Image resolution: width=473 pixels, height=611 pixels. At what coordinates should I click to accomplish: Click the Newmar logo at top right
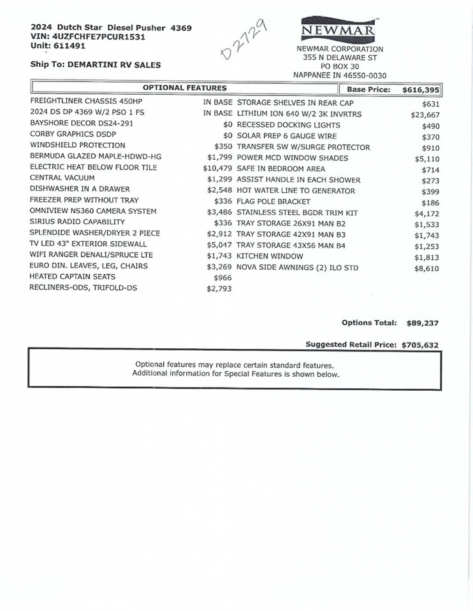(x=339, y=29)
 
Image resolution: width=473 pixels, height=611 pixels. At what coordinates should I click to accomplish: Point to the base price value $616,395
(x=421, y=90)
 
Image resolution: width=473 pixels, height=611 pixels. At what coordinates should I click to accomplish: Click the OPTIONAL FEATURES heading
(x=184, y=88)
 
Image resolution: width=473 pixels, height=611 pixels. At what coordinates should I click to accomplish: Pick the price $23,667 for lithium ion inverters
(x=425, y=115)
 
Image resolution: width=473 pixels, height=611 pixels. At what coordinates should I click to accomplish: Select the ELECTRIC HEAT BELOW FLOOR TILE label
(x=93, y=168)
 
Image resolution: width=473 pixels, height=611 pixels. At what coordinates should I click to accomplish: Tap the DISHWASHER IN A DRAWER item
(x=80, y=189)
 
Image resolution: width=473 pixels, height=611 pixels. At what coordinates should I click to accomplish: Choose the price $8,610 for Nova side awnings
(x=426, y=269)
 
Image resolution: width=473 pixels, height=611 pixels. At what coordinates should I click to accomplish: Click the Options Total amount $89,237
(x=422, y=323)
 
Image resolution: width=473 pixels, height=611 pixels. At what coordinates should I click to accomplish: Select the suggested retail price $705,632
(x=419, y=345)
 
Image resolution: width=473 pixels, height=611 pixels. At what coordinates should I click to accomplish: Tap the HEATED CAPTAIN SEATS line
(x=73, y=277)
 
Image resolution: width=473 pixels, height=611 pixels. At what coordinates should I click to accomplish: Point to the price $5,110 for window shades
(x=427, y=158)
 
